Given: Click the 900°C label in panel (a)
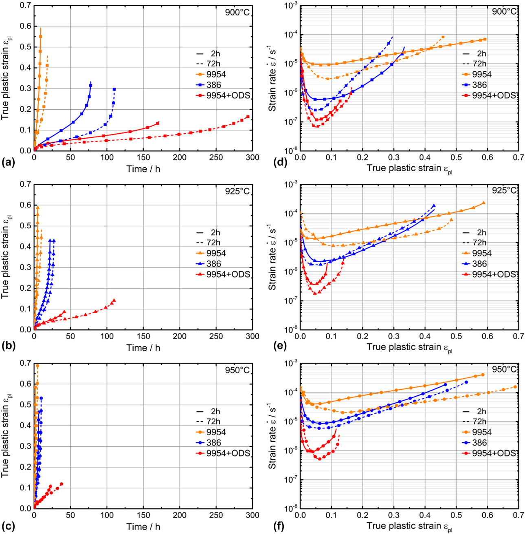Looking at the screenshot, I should tap(237, 12).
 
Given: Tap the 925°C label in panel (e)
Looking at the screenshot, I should tap(504, 190).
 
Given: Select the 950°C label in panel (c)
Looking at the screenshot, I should tap(237, 371).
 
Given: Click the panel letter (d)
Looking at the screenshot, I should tap(282, 163).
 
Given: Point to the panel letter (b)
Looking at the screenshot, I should tap(9, 342).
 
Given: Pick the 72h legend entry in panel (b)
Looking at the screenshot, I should tap(213, 243).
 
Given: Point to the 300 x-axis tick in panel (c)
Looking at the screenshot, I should tap(252, 515).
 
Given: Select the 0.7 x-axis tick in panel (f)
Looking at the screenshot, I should tap(518, 515).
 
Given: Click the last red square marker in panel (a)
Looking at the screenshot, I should tap(248, 117).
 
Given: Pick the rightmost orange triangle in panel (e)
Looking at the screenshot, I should tap(483, 203).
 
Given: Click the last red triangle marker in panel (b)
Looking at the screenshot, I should tap(114, 300).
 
